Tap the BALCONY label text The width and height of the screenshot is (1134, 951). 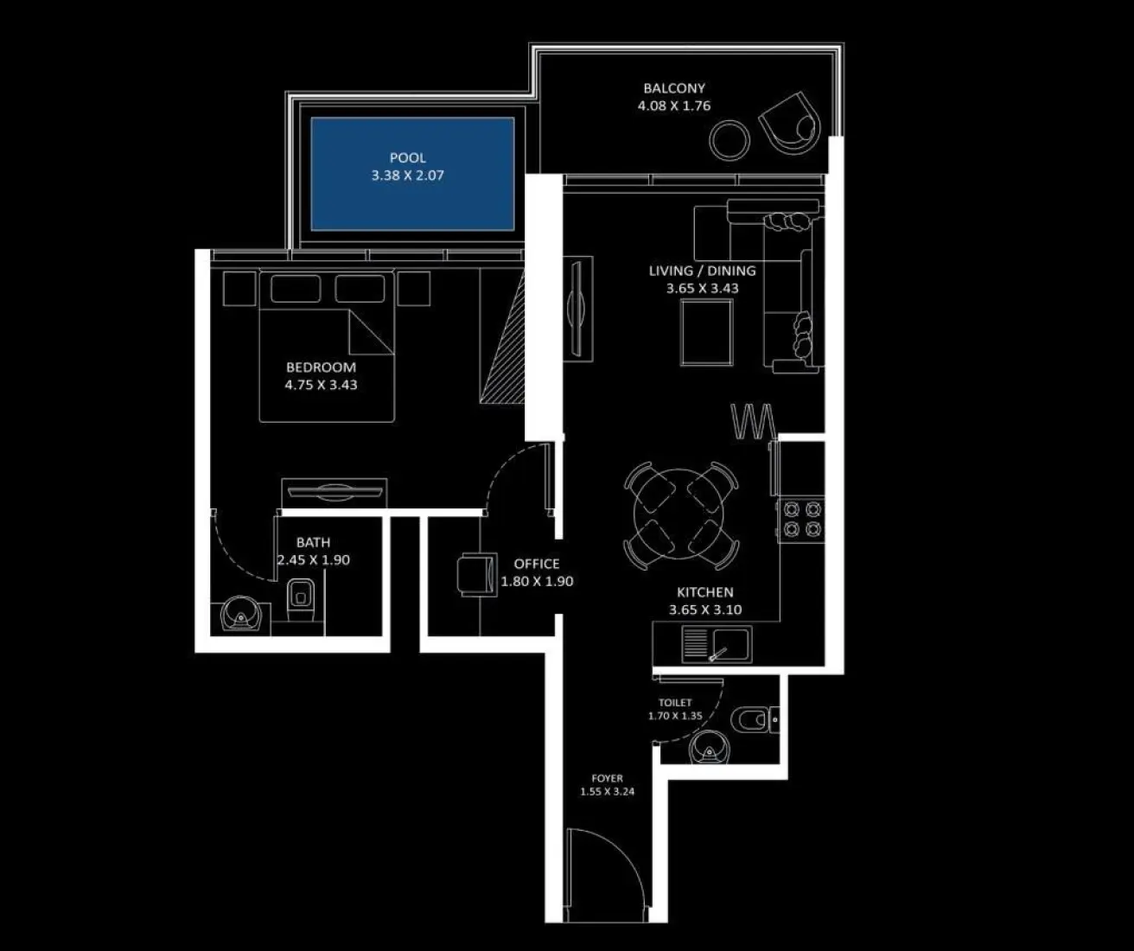pyautogui.click(x=674, y=88)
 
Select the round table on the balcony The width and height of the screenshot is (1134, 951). pyautogui.click(x=729, y=138)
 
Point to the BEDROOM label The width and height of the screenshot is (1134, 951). pyautogui.click(x=321, y=367)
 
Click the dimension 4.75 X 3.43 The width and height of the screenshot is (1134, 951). pyautogui.click(x=321, y=385)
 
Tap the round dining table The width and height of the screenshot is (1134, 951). pyautogui.click(x=681, y=516)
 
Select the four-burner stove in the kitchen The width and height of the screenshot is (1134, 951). pyautogui.click(x=802, y=519)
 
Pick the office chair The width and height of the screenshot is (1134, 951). pyautogui.click(x=475, y=574)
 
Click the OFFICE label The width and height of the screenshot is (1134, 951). pyautogui.click(x=537, y=564)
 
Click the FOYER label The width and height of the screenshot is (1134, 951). pyautogui.click(x=607, y=778)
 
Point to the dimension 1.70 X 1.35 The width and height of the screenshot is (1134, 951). pyautogui.click(x=675, y=716)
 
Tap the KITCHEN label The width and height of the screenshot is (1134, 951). pyautogui.click(x=705, y=592)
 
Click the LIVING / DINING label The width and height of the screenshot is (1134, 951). pyautogui.click(x=702, y=271)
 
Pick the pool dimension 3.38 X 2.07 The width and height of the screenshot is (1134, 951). pyautogui.click(x=407, y=175)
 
